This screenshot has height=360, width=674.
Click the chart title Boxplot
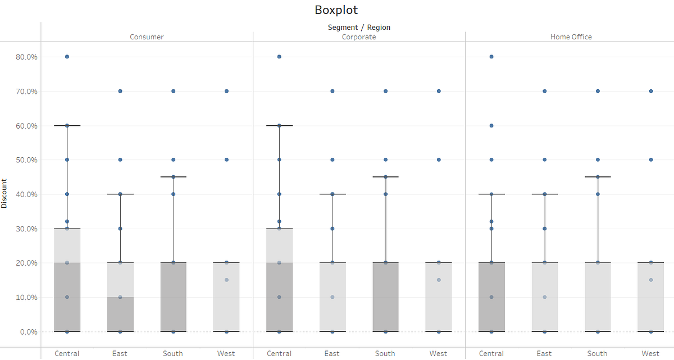[336, 10]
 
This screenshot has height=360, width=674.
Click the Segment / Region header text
[359, 27]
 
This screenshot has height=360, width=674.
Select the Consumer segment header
[147, 37]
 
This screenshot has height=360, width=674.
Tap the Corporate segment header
[359, 37]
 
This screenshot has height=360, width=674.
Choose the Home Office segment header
[571, 37]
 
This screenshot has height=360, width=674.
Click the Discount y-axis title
[4, 194]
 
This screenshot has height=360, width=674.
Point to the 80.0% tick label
[26, 57]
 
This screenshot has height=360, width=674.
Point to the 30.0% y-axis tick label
[26, 229]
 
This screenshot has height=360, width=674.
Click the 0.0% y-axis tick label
[28, 331]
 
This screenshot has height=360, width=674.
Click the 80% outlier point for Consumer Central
[67, 57]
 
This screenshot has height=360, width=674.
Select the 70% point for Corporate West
[439, 91]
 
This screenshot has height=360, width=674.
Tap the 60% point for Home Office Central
[491, 125]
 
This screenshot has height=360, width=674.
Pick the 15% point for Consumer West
[226, 280]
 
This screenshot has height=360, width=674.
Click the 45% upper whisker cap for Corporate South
[385, 177]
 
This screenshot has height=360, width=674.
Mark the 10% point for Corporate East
[333, 297]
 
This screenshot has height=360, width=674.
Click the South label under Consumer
[173, 354]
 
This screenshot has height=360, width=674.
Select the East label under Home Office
[544, 354]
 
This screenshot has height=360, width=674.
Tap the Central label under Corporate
[279, 354]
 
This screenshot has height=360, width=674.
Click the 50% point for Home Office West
[651, 160]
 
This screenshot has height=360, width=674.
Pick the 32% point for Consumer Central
[67, 221]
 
